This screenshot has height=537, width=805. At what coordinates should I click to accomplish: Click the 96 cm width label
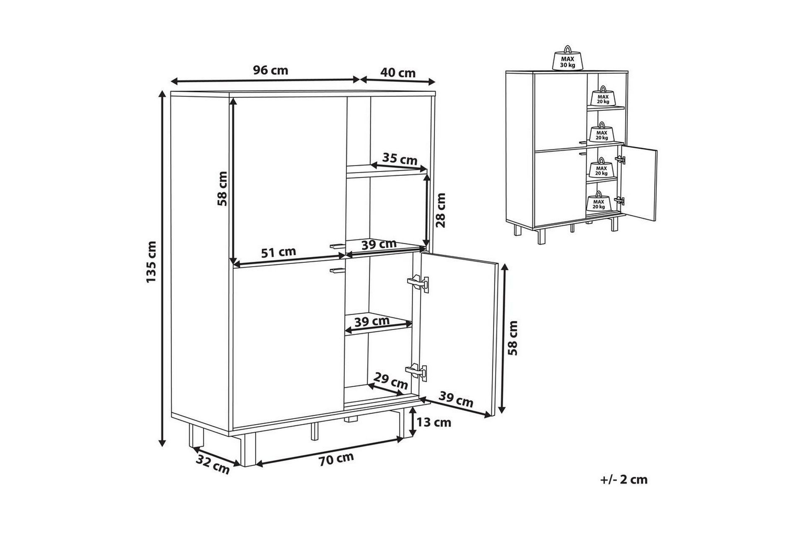[270, 70]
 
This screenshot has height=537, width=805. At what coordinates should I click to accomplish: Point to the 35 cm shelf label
[400, 159]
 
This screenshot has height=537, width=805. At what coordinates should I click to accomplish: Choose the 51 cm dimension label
[278, 253]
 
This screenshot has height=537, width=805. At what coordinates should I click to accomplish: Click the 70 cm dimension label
[336, 459]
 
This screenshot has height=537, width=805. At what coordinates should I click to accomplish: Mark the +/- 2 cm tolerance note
[623, 480]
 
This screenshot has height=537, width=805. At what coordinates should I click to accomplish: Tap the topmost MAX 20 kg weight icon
[602, 97]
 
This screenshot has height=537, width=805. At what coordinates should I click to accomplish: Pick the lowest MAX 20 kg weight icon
[598, 202]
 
